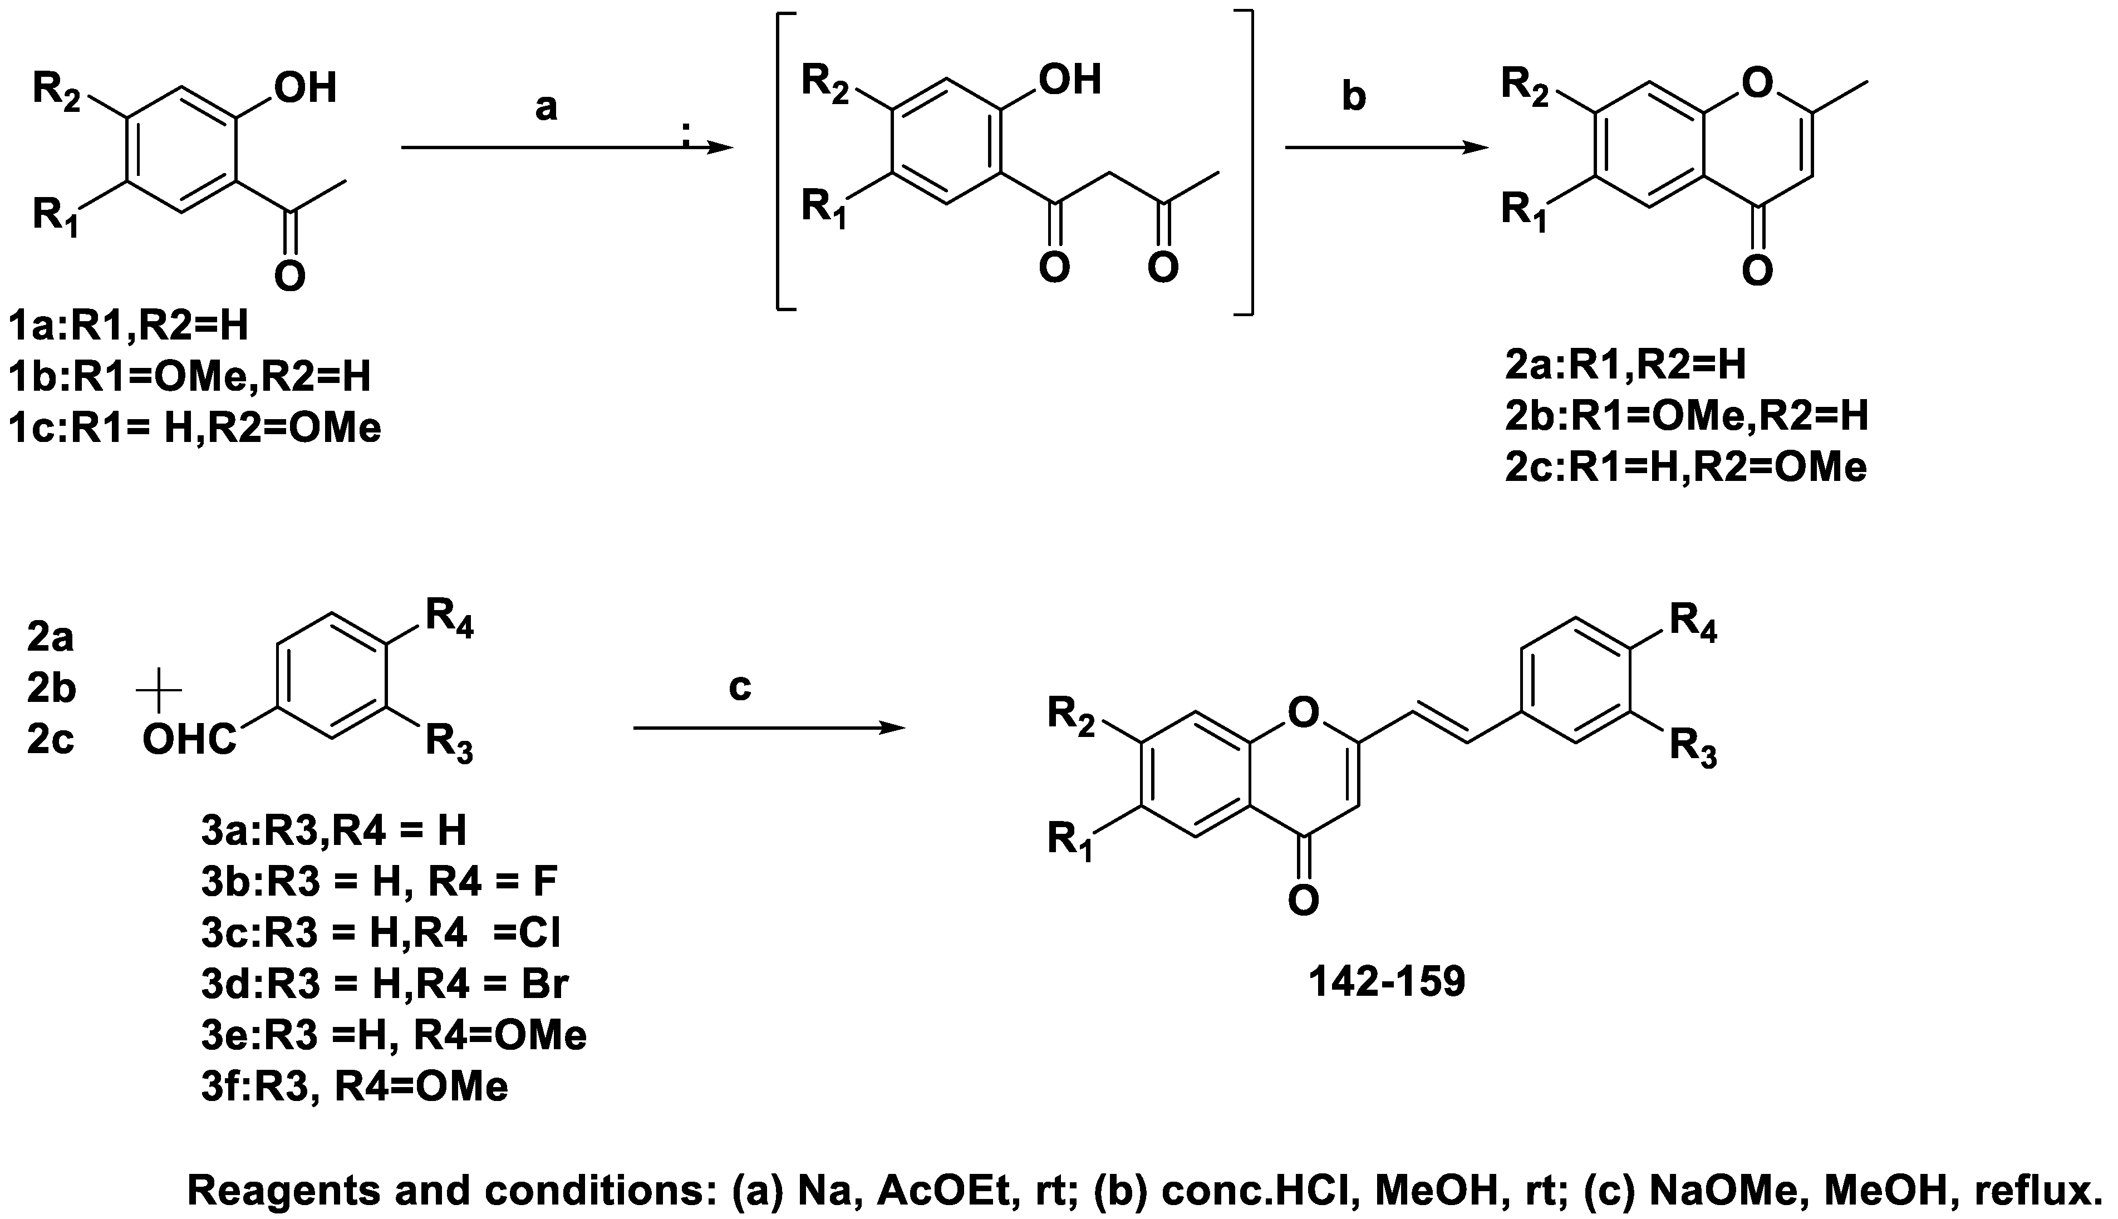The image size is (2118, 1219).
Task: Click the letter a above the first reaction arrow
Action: (546, 107)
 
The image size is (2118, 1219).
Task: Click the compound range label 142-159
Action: (1387, 982)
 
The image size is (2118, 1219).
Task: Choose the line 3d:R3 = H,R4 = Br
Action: (385, 983)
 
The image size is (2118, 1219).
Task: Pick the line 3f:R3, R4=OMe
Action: (354, 1087)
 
